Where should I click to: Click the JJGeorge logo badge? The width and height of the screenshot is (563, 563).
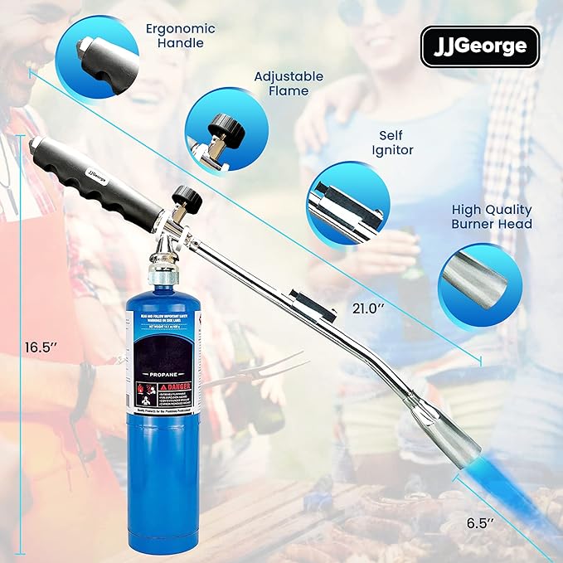479,46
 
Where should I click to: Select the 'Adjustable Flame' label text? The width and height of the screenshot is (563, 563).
289,85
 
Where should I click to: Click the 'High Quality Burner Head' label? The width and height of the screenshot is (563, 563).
492,216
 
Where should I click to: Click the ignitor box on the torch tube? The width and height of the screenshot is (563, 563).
304,301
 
